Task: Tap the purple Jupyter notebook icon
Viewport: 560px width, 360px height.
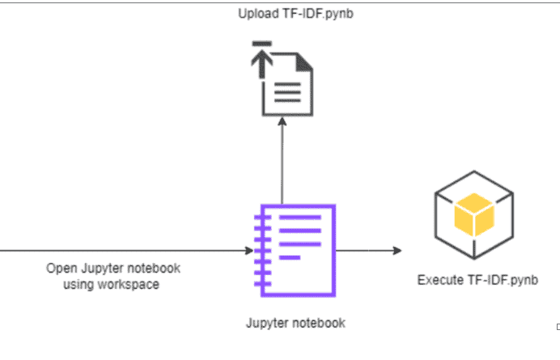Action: coord(292,247)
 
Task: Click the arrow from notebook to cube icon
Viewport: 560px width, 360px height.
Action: coord(368,251)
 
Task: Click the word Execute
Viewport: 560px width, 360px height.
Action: coord(439,281)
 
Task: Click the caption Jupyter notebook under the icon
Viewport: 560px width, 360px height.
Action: coord(295,323)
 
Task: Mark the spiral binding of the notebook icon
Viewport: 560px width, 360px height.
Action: coord(259,247)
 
